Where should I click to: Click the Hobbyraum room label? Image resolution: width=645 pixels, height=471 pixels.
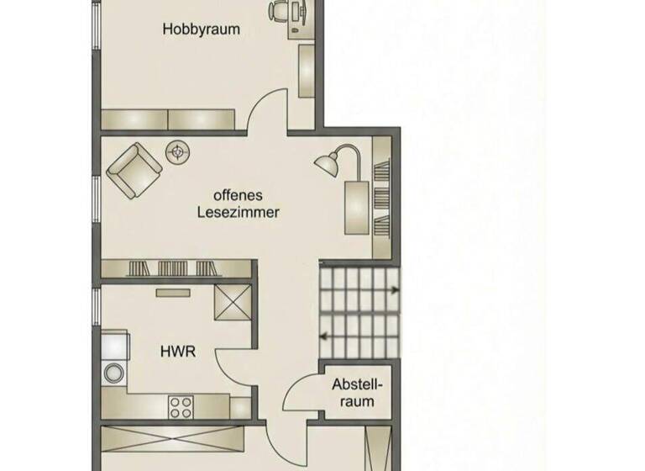tap(202, 29)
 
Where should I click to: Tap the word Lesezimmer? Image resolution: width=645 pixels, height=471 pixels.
tap(238, 212)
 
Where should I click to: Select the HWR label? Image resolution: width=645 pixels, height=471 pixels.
tap(178, 352)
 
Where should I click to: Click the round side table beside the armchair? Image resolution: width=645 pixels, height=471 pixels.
tap(177, 152)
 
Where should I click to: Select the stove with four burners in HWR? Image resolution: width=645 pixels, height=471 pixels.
tap(181, 407)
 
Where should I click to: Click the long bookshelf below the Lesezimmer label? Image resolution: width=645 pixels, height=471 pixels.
tap(176, 268)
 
